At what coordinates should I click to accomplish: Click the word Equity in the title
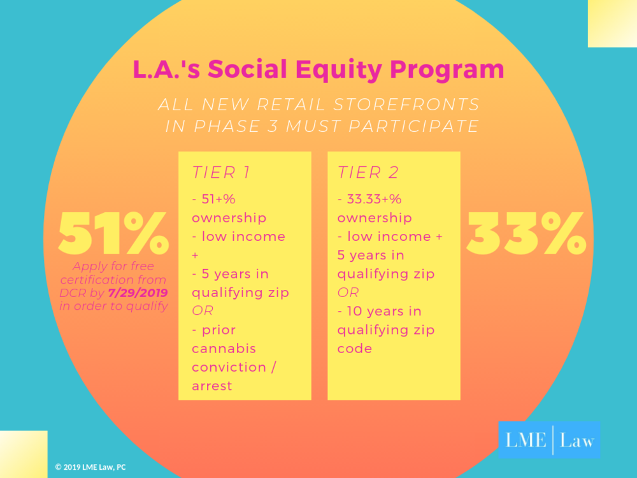pos(338,70)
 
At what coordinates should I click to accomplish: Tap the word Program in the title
pos(447,70)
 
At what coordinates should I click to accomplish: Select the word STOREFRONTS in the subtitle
pos(406,105)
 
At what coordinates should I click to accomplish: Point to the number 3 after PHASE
pos(273,126)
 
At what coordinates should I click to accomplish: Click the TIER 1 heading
pos(220,172)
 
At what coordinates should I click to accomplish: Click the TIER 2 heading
pos(368,172)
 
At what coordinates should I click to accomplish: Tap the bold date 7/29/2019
pos(138,293)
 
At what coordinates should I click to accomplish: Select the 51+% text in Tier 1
pos(218,199)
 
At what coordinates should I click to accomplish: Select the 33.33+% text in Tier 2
pos(374,199)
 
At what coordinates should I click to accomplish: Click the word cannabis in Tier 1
pos(224,349)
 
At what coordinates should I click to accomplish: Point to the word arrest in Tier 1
pos(212,386)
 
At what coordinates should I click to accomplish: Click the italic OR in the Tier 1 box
pos(203,310)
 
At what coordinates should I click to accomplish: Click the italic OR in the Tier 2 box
pos(348,293)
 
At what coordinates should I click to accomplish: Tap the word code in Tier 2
pos(355,349)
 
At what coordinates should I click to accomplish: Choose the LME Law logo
pos(549,440)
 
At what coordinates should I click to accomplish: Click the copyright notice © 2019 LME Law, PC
pos(90,467)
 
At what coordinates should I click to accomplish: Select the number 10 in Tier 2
pos(354,312)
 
